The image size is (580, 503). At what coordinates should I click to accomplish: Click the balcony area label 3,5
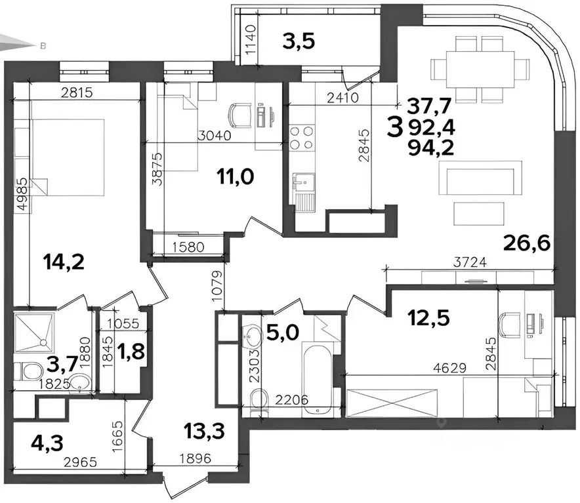tap(299, 41)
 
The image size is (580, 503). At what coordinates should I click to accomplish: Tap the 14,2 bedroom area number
tap(64, 262)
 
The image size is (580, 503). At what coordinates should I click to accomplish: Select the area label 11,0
tap(236, 177)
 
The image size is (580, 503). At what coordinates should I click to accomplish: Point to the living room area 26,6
tap(527, 243)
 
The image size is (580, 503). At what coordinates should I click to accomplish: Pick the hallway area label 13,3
tap(204, 431)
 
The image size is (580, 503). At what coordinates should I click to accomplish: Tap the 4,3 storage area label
tap(47, 441)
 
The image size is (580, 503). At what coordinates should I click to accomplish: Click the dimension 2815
tap(77, 92)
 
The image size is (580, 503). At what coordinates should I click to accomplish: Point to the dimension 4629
tap(450, 368)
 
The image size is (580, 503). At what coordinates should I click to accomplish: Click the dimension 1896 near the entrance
tap(196, 458)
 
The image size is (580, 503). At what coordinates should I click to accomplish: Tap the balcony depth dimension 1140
tap(251, 39)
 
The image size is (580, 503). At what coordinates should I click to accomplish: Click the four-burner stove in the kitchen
tap(301, 138)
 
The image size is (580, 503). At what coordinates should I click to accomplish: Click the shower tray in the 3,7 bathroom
tap(34, 331)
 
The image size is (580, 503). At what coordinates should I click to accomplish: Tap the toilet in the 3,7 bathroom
tap(28, 371)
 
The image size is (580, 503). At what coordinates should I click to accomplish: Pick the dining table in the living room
tap(480, 69)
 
